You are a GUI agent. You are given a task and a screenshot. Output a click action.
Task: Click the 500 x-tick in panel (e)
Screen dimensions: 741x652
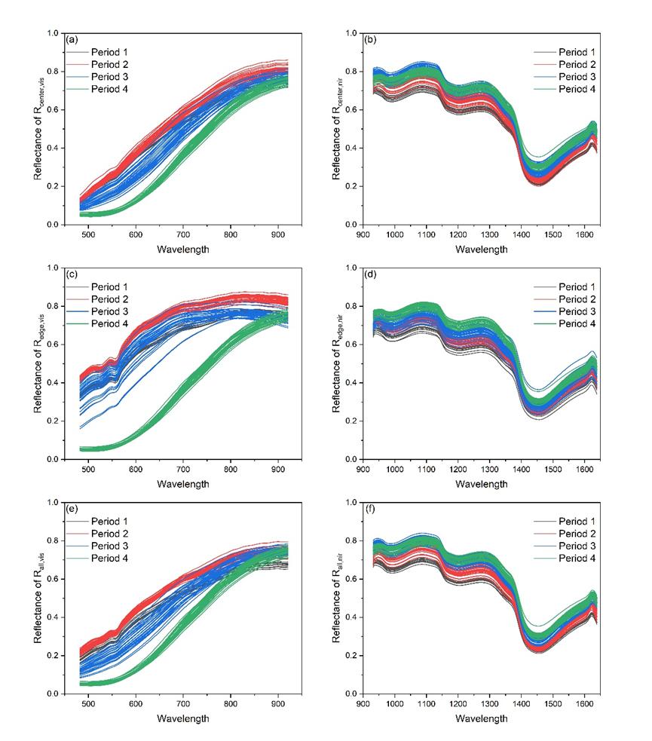tap(88, 703)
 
